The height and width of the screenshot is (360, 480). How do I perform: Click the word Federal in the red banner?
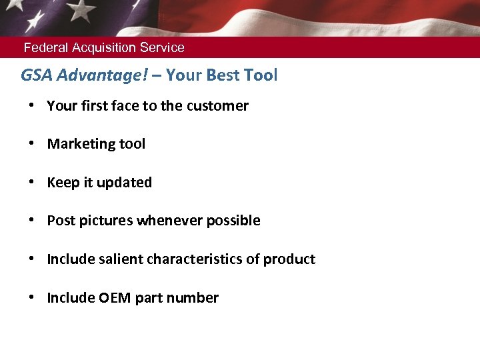tap(45, 48)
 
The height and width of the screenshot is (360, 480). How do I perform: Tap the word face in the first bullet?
tap(125, 106)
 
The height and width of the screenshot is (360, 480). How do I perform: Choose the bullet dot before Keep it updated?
tap(32, 183)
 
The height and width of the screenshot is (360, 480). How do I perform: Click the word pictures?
tap(106, 221)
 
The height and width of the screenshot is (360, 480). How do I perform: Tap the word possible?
tap(233, 221)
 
